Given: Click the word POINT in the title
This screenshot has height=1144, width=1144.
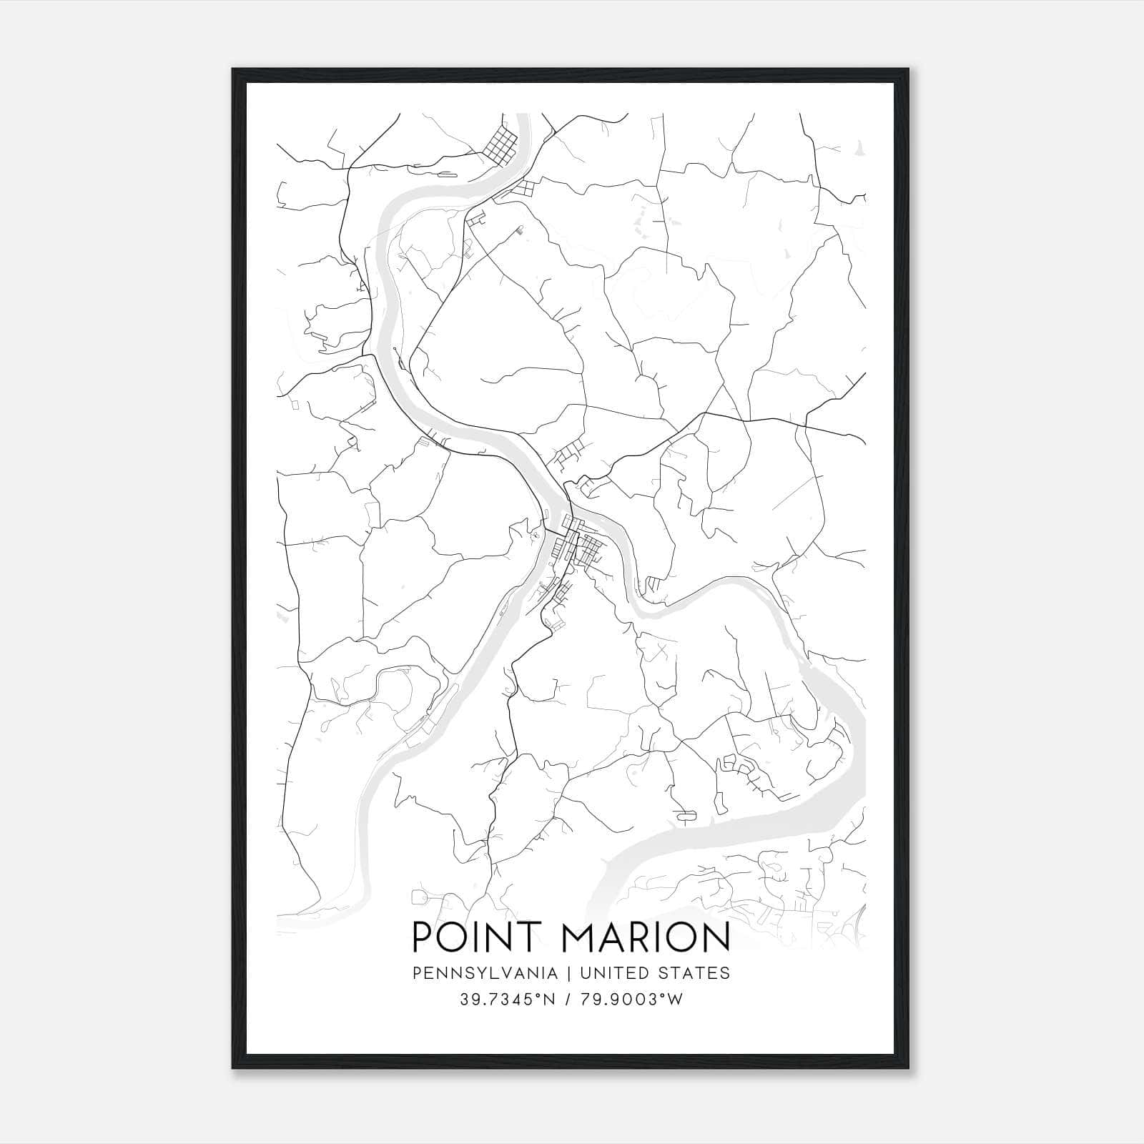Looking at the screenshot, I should click(477, 937).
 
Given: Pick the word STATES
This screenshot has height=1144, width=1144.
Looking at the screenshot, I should click(694, 973).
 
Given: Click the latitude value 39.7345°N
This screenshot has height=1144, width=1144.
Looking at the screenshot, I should click(508, 1000).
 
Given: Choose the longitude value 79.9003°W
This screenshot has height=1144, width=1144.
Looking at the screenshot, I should click(635, 1000).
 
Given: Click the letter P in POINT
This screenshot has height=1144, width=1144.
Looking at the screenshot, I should click(423, 937).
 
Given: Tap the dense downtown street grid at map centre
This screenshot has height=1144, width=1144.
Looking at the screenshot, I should click(581, 547).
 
